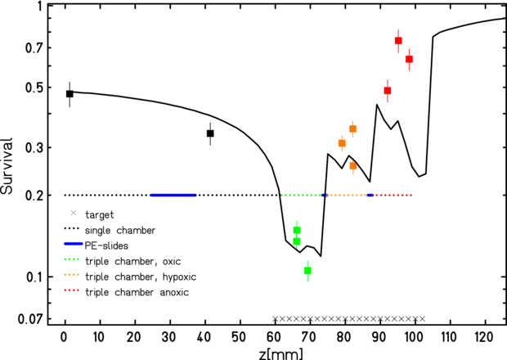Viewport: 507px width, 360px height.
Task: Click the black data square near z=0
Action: tap(70, 94)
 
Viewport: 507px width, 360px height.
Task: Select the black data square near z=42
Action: tap(210, 133)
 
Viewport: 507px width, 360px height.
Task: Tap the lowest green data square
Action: tap(307, 271)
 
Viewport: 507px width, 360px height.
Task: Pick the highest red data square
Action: tap(398, 41)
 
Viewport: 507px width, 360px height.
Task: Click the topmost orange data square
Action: tap(353, 129)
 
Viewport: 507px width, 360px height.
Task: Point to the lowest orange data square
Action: tap(353, 166)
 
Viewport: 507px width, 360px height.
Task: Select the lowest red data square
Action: tap(388, 91)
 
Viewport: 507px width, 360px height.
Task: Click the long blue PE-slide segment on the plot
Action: tap(173, 196)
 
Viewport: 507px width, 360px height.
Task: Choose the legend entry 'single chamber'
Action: tap(119, 230)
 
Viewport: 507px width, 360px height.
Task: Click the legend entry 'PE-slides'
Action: tap(109, 245)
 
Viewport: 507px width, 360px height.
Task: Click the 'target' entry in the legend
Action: tap(101, 214)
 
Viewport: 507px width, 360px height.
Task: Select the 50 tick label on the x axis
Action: tap(240, 335)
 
